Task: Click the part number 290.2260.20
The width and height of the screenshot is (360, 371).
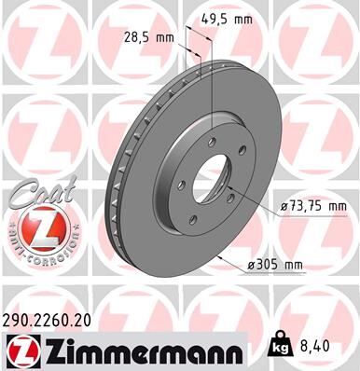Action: (x=56, y=318)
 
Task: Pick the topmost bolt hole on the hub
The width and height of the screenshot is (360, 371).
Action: (x=214, y=141)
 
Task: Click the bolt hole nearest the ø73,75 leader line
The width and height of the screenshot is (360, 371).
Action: (x=229, y=192)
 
